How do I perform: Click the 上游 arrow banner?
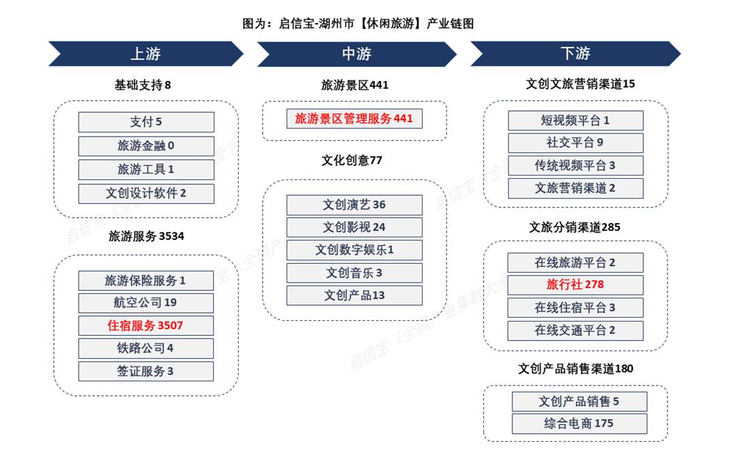[x=146, y=54]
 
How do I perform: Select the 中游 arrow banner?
[x=357, y=54]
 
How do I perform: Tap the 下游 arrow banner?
[x=575, y=54]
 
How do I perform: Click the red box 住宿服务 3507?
[x=146, y=326]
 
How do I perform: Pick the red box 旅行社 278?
[x=575, y=285]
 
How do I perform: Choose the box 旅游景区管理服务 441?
[x=355, y=118]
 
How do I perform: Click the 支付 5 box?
[x=146, y=122]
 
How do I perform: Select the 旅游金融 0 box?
[x=146, y=146]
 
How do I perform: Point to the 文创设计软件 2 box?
[x=146, y=194]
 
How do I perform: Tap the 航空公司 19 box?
[x=146, y=303]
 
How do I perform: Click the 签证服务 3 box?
[x=146, y=371]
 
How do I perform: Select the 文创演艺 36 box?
[x=355, y=205]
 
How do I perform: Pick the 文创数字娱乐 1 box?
[x=355, y=250]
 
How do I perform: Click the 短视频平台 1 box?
[x=576, y=121]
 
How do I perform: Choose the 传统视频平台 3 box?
[x=576, y=166]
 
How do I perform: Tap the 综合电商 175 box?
[x=580, y=424]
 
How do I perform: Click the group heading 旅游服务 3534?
[x=146, y=236]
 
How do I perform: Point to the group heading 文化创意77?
[x=352, y=160]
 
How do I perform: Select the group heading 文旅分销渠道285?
[x=575, y=227]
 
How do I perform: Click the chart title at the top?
[x=358, y=24]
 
